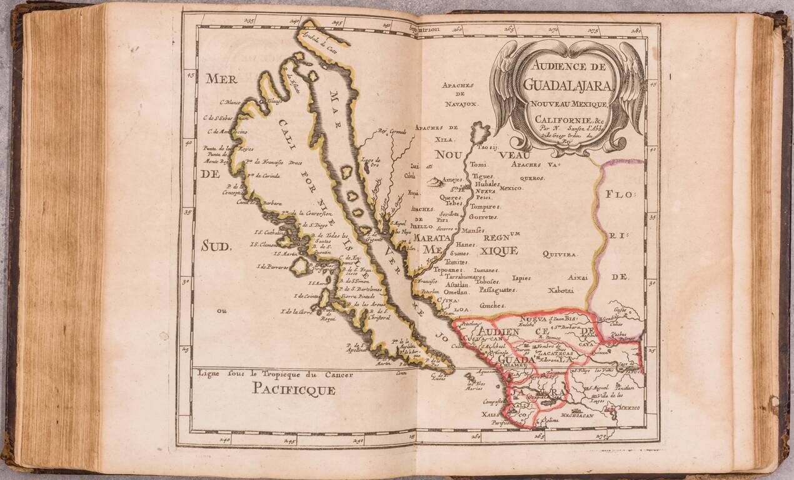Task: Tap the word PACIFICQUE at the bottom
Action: [294, 391]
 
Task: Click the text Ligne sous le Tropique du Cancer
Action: [275, 374]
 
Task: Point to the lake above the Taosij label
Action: [480, 132]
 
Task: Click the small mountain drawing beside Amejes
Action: [433, 181]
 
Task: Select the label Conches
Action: [492, 305]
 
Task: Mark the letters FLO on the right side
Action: [619, 194]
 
